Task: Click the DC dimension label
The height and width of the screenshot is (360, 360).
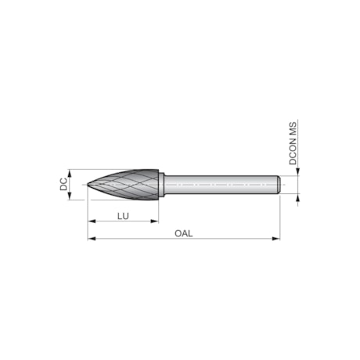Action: tap(63, 185)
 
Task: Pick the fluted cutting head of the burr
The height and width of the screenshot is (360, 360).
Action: tap(129, 185)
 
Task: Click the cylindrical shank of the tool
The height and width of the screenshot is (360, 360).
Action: tap(219, 185)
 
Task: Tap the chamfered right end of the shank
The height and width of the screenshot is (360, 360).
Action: tap(278, 185)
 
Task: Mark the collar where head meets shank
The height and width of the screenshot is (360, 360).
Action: tap(161, 185)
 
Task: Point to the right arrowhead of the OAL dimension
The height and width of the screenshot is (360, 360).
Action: tap(276, 239)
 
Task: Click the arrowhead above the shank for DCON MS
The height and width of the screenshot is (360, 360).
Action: tap(297, 174)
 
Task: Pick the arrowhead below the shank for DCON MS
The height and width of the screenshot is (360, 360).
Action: tap(297, 196)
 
